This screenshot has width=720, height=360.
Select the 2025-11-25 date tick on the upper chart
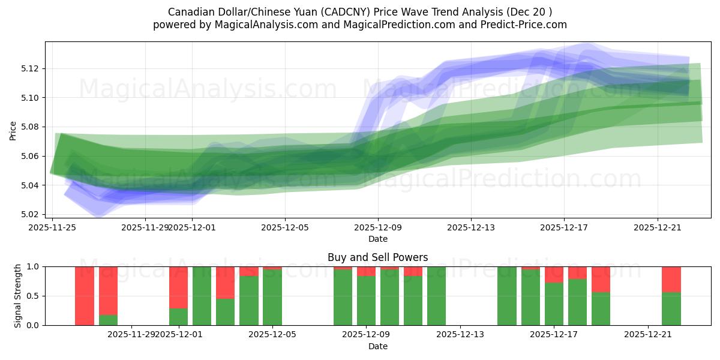tap(53, 227)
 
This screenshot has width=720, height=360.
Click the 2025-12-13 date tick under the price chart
tap(471, 227)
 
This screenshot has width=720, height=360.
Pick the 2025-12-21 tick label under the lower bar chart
tap(648, 335)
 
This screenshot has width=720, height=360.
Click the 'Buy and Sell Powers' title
tap(377, 257)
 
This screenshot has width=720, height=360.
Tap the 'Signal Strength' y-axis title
tap(18, 295)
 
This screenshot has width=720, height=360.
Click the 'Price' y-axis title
tap(13, 130)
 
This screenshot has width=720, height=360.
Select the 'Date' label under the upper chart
tap(377, 239)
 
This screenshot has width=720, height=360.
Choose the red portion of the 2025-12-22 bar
tap(671, 279)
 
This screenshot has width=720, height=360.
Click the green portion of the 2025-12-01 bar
tap(178, 316)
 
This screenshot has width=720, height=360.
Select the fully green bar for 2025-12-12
tap(436, 296)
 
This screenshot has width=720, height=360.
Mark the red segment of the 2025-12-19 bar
tap(601, 279)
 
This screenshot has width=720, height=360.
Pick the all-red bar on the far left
tap(85, 296)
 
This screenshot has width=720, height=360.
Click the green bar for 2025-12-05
tap(272, 298)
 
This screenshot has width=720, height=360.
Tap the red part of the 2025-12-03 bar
tap(225, 282)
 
